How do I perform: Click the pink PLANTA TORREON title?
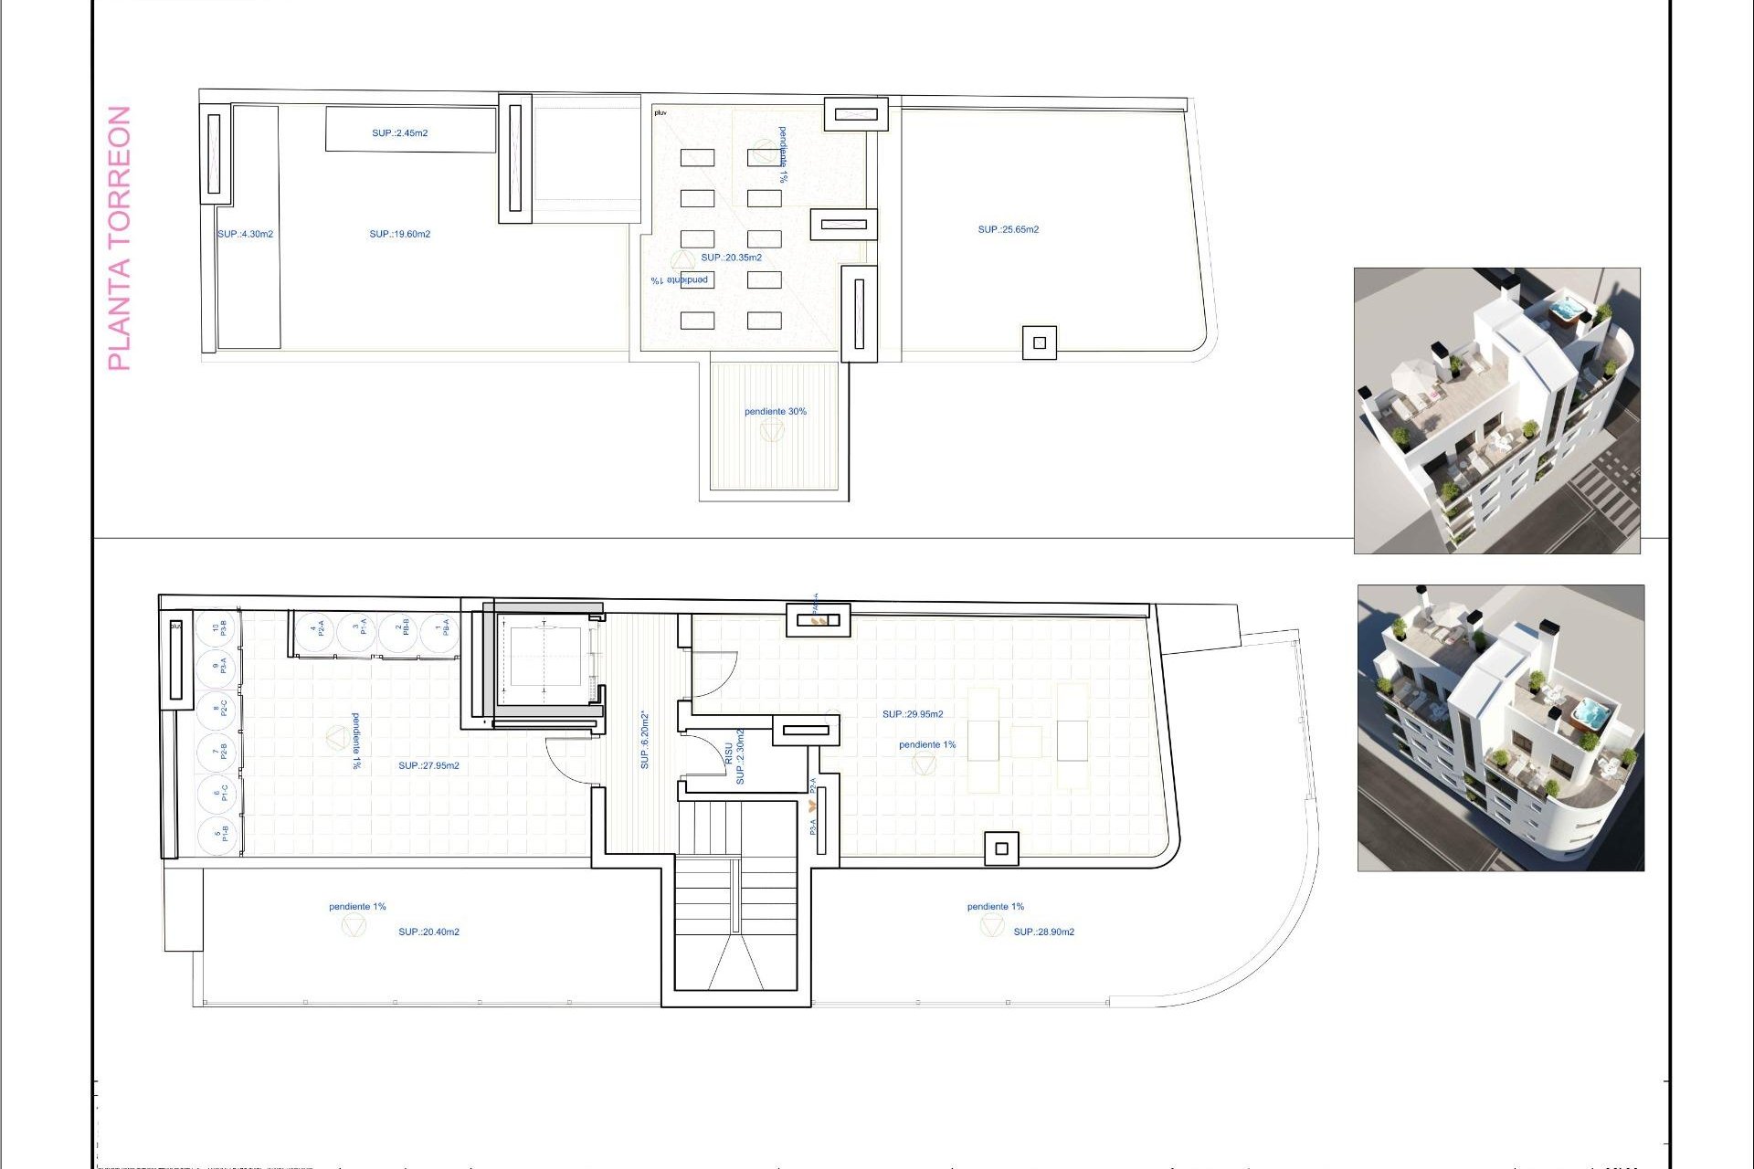[x=120, y=238]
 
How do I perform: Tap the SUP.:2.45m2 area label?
[x=399, y=133]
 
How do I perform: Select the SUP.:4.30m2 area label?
[x=245, y=235]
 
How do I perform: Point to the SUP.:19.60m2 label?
[x=399, y=235]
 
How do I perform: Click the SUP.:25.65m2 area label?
[x=1008, y=230]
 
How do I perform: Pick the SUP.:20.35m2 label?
[x=731, y=258]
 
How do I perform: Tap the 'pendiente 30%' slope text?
[x=775, y=412]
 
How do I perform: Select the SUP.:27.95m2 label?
[x=428, y=766]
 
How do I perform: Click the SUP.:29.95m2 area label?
[x=913, y=714]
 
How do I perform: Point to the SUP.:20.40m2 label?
[x=428, y=932]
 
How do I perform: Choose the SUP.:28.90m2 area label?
[x=1043, y=932]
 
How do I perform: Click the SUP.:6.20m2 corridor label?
[x=645, y=740]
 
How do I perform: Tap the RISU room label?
[x=728, y=754]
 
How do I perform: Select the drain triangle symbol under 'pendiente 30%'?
[x=772, y=431]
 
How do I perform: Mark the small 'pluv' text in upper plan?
[x=660, y=113]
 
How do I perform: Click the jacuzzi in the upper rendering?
[x=1568, y=311]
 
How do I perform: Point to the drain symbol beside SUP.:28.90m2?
[x=991, y=926]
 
